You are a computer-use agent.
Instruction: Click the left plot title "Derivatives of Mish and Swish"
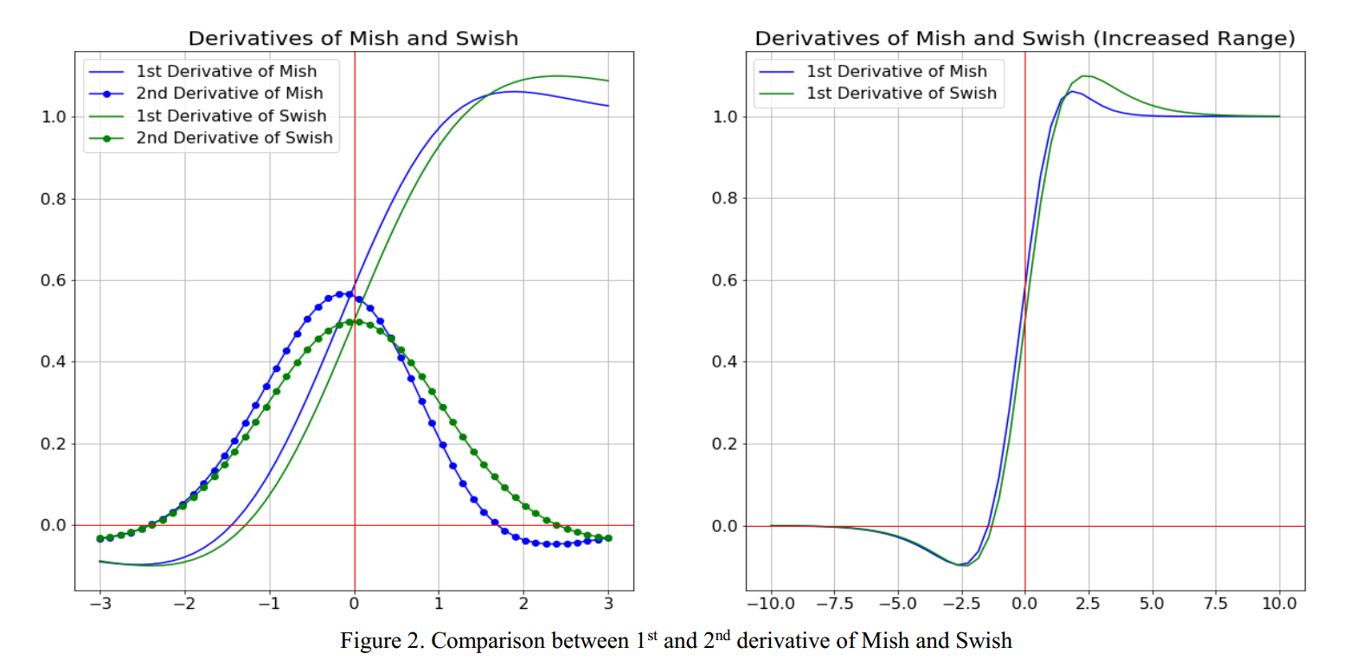(353, 39)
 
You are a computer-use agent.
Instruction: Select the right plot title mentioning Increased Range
(1024, 39)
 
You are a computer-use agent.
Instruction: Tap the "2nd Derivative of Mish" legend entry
(229, 93)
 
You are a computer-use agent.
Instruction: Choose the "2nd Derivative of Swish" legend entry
(234, 138)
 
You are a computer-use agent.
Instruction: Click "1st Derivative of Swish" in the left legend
(231, 116)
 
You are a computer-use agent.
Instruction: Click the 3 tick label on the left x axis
(608, 603)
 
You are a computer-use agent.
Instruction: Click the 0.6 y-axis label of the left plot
(55, 281)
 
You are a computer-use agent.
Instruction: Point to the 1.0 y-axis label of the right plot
(725, 117)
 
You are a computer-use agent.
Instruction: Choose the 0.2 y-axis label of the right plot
(725, 445)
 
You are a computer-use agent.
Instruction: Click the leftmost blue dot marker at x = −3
(100, 538)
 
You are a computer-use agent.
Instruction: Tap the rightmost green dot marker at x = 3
(608, 538)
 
